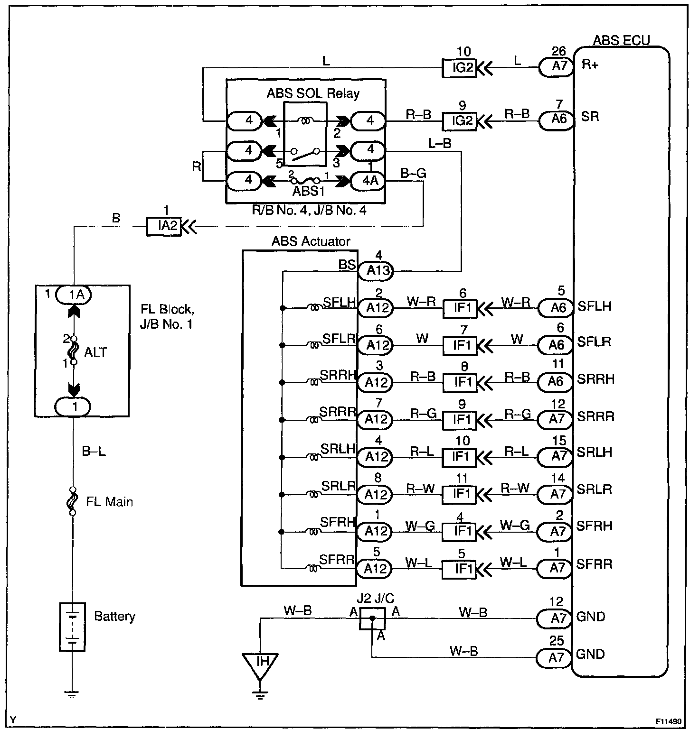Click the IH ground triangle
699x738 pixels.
click(260, 663)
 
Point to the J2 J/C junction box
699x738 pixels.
click(372, 618)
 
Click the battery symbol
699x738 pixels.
click(72, 627)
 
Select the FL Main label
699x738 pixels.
click(110, 502)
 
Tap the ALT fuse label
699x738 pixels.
click(95, 352)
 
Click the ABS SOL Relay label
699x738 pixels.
click(313, 93)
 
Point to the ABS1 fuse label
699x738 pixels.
click(308, 191)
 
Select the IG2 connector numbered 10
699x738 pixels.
click(460, 67)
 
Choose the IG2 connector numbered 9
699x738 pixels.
click(460, 121)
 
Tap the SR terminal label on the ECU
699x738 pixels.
click(590, 116)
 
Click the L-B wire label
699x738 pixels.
click(439, 143)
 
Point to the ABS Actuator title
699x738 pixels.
click(311, 241)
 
